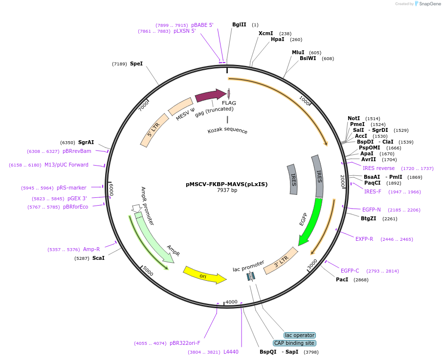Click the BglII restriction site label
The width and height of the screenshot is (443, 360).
[239, 24]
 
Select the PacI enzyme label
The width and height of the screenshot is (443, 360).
[342, 280]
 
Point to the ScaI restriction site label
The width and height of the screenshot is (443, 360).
[98, 258]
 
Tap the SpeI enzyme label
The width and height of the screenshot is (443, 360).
[136, 64]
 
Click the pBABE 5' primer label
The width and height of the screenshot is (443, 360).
[202, 25]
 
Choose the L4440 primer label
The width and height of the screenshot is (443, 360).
[231, 352]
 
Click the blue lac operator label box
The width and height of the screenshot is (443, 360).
[300, 335]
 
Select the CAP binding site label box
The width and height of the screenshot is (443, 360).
[294, 343]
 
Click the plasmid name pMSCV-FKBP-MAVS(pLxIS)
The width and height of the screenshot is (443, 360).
[226, 184]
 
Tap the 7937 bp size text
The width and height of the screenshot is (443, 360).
[227, 190]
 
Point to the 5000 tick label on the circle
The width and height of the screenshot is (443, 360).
[148, 271]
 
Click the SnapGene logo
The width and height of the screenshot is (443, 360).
[426, 4]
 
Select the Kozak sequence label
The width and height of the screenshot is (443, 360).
[227, 131]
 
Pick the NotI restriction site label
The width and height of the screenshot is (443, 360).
[354, 118]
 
